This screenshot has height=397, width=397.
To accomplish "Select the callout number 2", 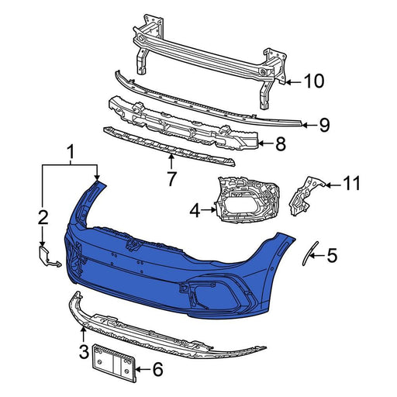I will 44,216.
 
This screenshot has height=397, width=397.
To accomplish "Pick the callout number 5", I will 332,254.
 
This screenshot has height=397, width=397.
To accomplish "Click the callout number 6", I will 158,370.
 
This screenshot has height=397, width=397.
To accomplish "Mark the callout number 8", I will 281,143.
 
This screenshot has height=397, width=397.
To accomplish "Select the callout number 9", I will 324,123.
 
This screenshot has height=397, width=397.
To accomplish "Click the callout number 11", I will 352,184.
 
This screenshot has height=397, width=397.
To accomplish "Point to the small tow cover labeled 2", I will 46,257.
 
